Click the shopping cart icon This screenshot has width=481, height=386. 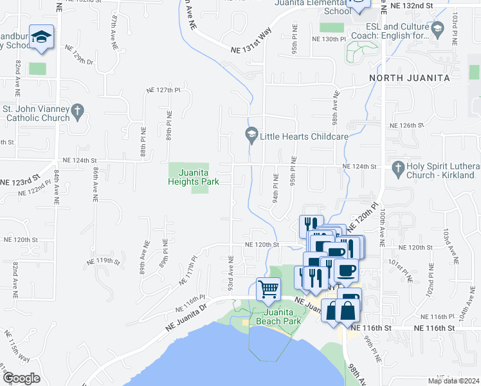268,288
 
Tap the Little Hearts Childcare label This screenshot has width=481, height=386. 304,136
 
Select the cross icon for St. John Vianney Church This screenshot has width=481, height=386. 77,110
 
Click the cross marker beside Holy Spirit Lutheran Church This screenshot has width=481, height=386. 399,167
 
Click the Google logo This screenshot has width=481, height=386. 21,378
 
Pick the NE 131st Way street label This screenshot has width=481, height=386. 251,41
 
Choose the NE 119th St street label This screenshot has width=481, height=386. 104,261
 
